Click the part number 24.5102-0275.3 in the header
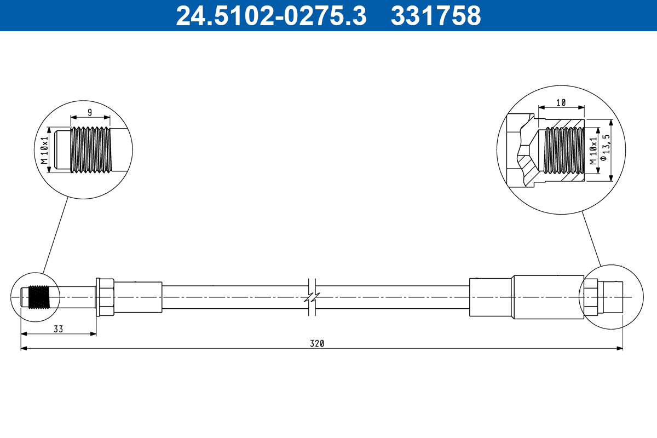(270, 16)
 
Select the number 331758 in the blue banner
(435, 16)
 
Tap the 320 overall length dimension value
(318, 344)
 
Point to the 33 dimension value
(58, 329)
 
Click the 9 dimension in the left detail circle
(90, 112)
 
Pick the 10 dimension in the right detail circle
(561, 102)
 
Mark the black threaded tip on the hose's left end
(38, 297)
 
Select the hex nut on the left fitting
(105, 297)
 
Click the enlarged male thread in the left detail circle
(91, 150)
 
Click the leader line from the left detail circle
(55, 235)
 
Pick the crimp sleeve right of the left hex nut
(138, 297)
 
